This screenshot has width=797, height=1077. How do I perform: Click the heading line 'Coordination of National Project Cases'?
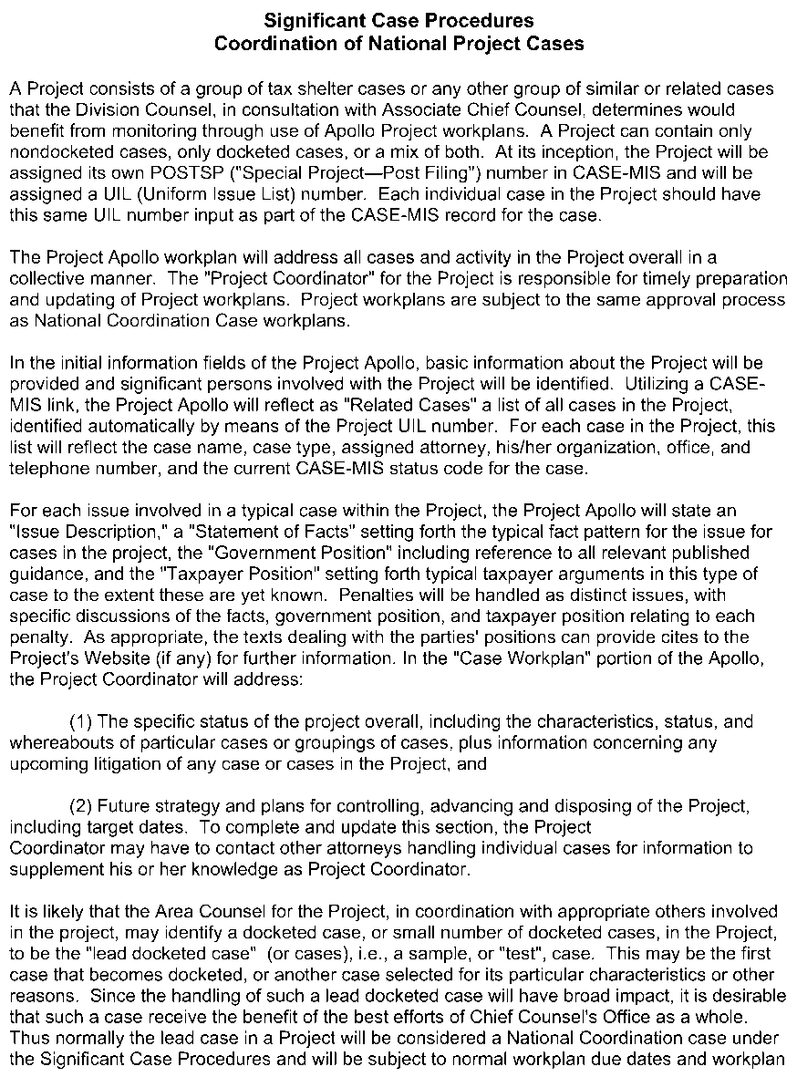[398, 43]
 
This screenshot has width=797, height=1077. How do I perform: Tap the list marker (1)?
[80, 721]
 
